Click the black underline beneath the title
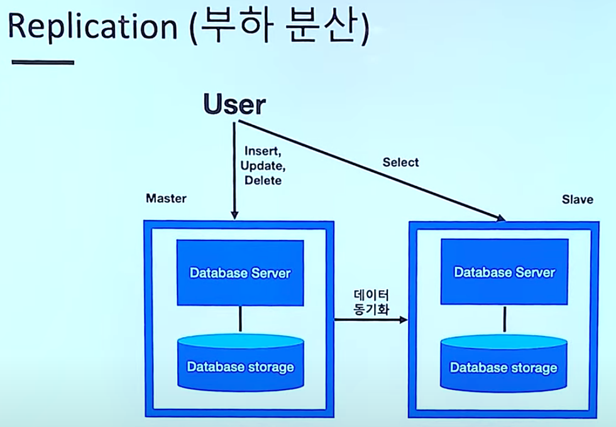point(43,62)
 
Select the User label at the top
point(234,105)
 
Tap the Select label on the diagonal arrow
point(400,163)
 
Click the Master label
point(166,198)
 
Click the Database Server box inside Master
point(240,273)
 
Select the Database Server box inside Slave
point(504,273)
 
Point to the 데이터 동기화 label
point(371,303)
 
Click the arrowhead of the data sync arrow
point(404,320)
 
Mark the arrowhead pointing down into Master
point(234,215)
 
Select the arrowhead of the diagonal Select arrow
point(501,219)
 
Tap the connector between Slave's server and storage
point(504,320)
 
